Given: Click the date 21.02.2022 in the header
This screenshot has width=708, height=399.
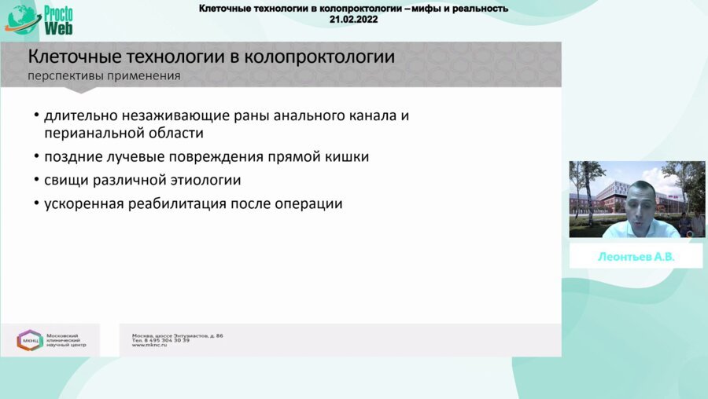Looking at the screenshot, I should (354, 19).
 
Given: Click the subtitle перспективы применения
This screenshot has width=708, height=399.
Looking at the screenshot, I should (104, 76).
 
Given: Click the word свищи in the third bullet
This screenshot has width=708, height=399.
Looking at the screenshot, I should (66, 180).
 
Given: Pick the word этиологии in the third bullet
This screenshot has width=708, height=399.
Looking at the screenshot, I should (205, 180).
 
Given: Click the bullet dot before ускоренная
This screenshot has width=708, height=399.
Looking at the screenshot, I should (36, 203).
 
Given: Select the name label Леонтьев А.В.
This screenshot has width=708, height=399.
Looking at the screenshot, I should (636, 257).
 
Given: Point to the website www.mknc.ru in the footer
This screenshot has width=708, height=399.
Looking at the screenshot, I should (149, 345).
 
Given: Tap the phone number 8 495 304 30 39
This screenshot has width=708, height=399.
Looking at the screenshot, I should (167, 340).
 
